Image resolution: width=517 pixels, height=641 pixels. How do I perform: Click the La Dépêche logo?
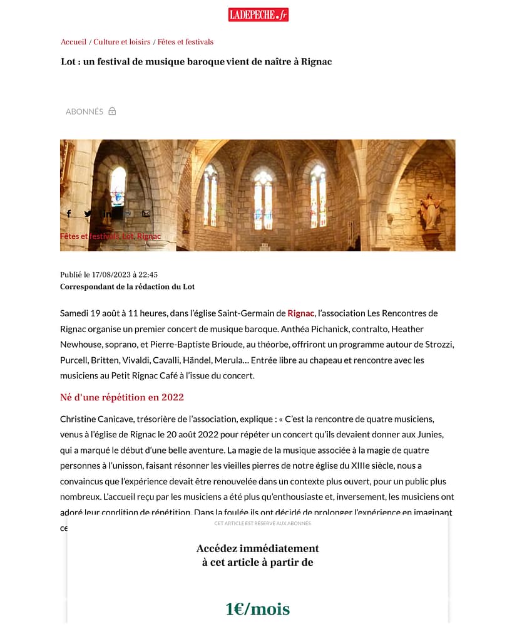coord(258,14)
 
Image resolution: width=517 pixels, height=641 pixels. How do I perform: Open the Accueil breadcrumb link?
coord(73,42)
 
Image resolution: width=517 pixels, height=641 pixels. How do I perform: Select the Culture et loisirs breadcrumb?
coord(122,42)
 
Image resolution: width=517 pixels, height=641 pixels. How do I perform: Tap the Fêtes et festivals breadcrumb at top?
coord(185,42)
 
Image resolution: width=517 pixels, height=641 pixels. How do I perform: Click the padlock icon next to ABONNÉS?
coord(112,112)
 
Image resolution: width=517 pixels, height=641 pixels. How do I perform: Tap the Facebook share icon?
coord(69,214)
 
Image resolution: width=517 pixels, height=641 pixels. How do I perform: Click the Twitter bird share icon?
coord(88,214)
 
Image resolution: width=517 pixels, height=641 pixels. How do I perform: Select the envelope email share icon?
coord(146,214)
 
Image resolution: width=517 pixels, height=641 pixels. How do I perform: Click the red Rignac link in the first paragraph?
coord(300,313)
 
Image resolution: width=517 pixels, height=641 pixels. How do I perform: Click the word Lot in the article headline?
coord(68,61)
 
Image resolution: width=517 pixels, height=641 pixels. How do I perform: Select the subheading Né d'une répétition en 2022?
coord(122,398)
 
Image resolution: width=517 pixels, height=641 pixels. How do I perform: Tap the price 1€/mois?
coord(257,608)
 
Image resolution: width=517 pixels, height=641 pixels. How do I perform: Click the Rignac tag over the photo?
coord(149,236)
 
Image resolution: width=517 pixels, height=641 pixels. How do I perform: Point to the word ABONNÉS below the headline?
coord(84,112)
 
